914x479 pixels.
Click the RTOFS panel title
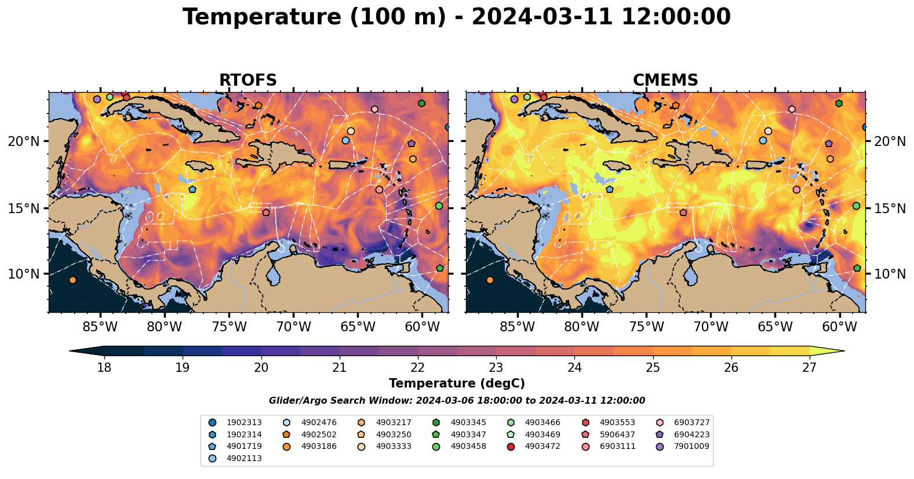247,81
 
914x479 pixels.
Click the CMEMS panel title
665,81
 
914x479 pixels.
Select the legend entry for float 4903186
318,447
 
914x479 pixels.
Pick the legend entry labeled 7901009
691,447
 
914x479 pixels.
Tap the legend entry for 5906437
617,434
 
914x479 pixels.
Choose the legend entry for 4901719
243,447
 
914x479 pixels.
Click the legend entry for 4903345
468,423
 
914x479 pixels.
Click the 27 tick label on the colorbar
809,367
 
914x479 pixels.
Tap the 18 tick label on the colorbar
104,367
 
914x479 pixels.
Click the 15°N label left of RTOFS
24,208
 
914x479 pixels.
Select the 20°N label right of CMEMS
890,141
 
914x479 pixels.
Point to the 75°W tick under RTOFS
229,327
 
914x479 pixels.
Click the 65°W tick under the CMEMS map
775,327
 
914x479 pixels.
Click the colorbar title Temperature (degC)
457,383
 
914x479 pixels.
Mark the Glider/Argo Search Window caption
457,401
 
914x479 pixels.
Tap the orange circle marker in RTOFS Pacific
72,280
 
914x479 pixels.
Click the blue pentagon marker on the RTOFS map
192,189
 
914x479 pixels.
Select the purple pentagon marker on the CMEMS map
829,144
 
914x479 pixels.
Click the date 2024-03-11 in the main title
542,17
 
